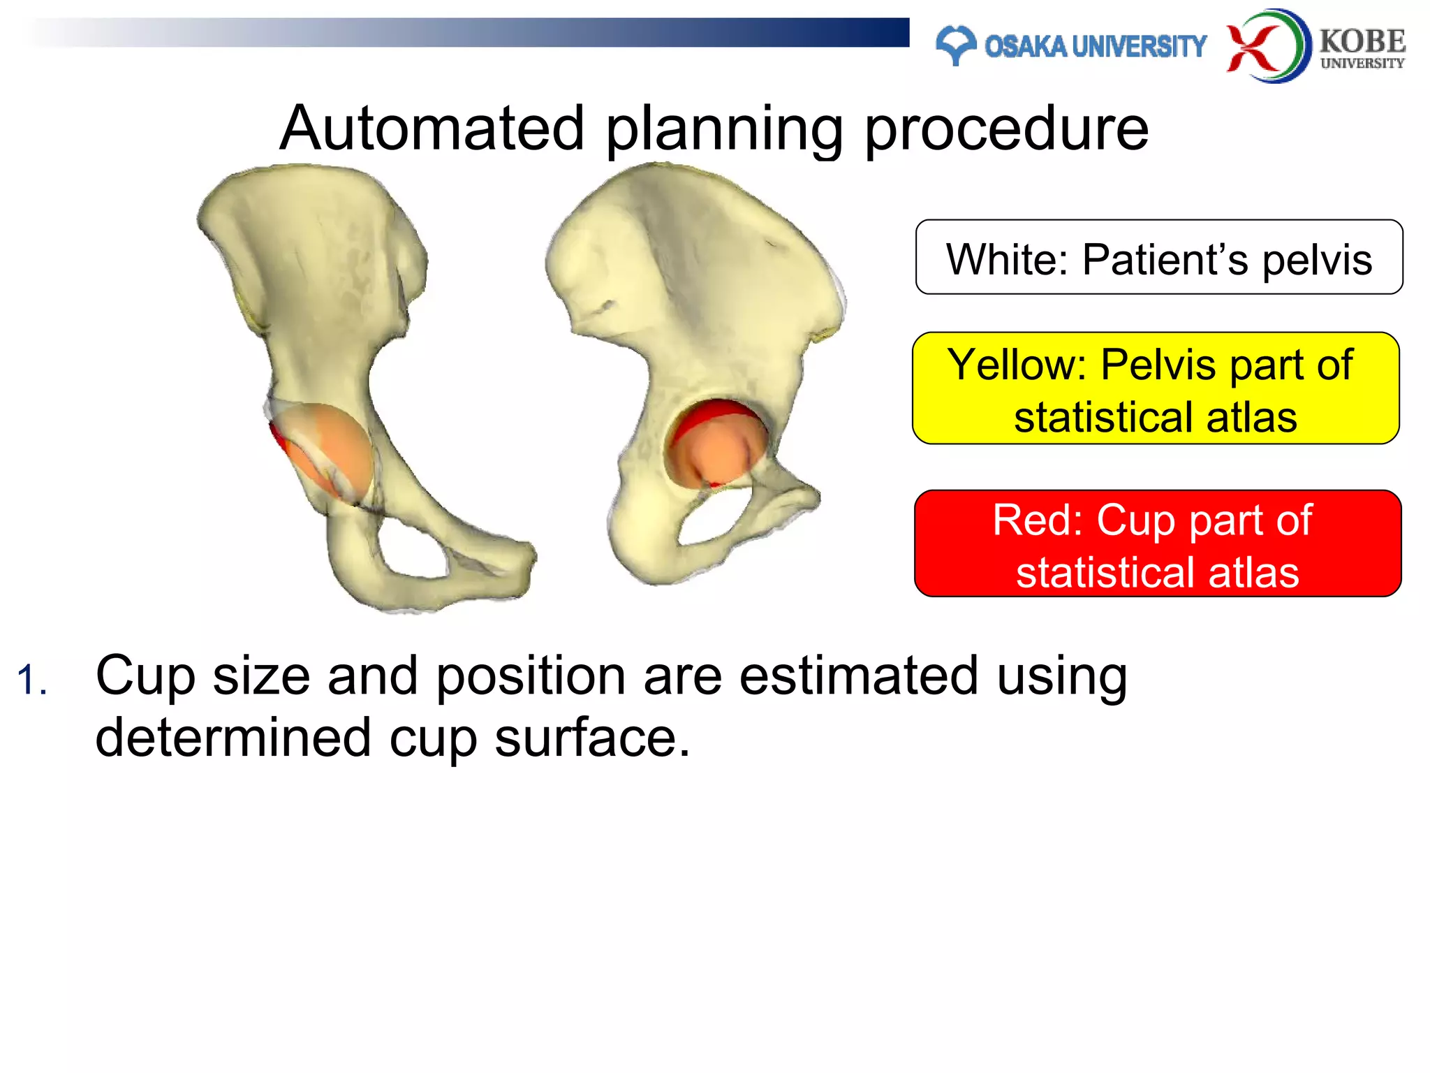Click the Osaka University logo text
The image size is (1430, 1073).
click(x=1095, y=46)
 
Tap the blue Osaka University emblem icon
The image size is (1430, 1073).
click(x=955, y=45)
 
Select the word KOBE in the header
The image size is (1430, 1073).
click(x=1362, y=41)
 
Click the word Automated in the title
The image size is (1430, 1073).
click(x=432, y=129)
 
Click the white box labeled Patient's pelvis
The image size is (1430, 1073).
click(x=1158, y=257)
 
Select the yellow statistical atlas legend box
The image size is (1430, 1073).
click(x=1156, y=388)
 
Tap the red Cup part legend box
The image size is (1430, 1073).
click(x=1157, y=543)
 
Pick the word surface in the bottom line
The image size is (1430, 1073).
click(x=591, y=738)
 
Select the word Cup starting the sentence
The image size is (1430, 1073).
click(x=145, y=676)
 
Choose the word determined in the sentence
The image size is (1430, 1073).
click(x=233, y=738)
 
